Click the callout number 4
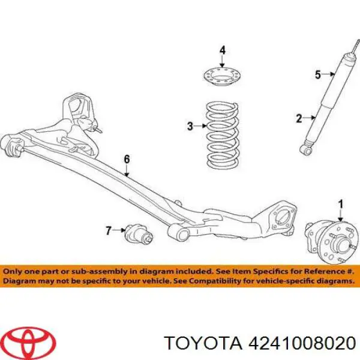[223, 49]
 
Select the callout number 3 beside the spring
[190, 127]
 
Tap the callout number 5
[318, 75]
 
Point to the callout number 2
[299, 119]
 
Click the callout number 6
[126, 159]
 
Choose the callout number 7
[109, 230]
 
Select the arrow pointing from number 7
[120, 230]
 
